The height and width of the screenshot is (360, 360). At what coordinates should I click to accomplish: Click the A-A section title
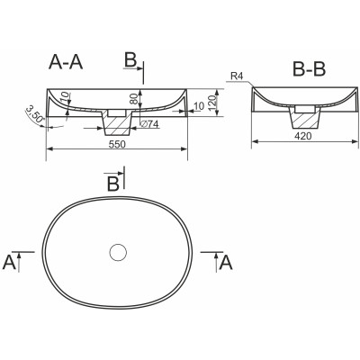66,63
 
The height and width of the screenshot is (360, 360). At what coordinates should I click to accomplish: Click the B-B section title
309,69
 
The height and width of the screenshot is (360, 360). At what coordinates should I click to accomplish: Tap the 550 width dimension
117,145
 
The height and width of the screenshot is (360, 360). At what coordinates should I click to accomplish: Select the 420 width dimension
303,136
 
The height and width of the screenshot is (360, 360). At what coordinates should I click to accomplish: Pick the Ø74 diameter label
149,124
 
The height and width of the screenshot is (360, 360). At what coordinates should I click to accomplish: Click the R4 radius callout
237,76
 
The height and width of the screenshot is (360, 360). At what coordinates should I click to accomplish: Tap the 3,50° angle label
35,113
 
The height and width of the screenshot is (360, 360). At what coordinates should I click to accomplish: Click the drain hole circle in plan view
118,253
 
